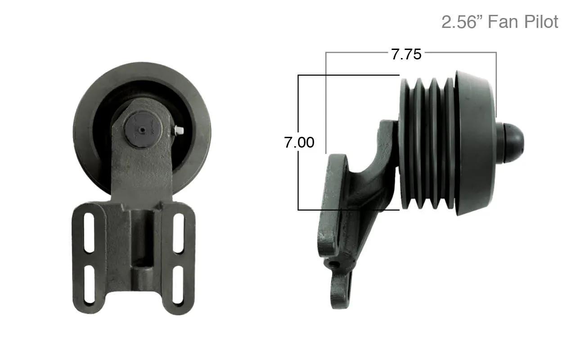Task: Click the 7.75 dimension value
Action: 406,54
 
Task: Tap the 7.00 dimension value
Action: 299,142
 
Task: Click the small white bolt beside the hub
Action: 179,130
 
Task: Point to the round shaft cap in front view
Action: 143,130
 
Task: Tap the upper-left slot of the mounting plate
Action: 89,233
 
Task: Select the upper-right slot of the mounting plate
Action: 179,234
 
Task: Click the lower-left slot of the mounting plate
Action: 89,284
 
